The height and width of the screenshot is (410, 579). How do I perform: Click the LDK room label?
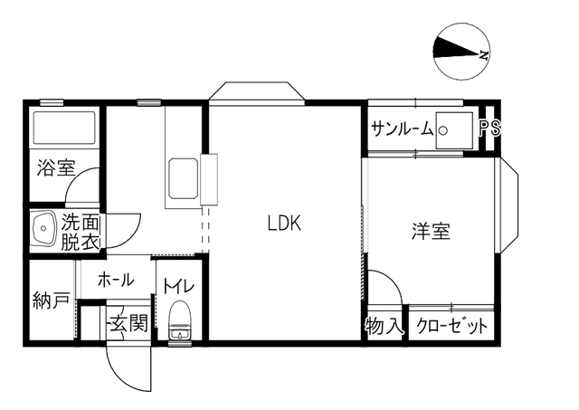click(x=284, y=223)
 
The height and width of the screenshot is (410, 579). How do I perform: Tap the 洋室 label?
click(x=431, y=231)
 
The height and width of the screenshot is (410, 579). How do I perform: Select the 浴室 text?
click(x=56, y=167)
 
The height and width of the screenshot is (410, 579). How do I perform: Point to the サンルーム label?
click(x=402, y=129)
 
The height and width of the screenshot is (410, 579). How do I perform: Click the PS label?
click(x=490, y=128)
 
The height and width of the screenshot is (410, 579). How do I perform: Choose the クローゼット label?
click(x=452, y=326)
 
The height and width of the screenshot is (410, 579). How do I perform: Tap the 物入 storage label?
click(x=384, y=326)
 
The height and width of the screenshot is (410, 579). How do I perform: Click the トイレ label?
click(x=179, y=286)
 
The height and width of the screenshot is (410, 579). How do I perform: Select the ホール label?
click(x=115, y=280)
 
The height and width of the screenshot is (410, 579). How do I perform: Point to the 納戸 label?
click(x=51, y=300)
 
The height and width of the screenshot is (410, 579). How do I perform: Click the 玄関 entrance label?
click(x=128, y=324)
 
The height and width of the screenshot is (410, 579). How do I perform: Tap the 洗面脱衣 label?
click(x=81, y=232)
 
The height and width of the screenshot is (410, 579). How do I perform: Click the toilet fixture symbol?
click(x=179, y=320)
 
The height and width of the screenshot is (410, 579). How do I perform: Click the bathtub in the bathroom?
click(x=64, y=128)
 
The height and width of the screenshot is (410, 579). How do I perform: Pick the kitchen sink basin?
click(x=183, y=178)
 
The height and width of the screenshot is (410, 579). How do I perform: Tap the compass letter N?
click(x=484, y=55)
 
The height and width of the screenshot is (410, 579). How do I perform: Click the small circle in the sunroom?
click(x=443, y=130)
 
